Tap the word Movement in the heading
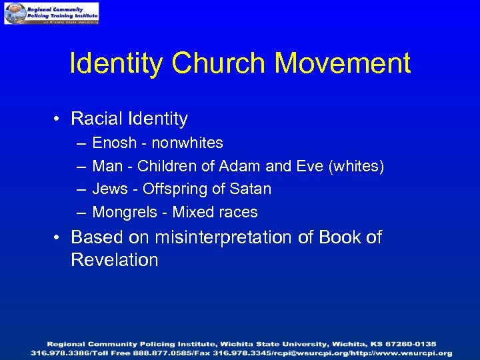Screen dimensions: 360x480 (343, 63)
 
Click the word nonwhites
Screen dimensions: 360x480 (187, 143)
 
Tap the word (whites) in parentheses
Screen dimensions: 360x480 (357, 166)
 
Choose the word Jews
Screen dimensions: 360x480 (109, 189)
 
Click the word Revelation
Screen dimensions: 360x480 (115, 260)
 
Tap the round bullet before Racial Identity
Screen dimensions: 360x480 (59, 120)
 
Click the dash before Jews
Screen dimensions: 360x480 (81, 190)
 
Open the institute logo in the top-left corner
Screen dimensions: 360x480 (51, 13)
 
